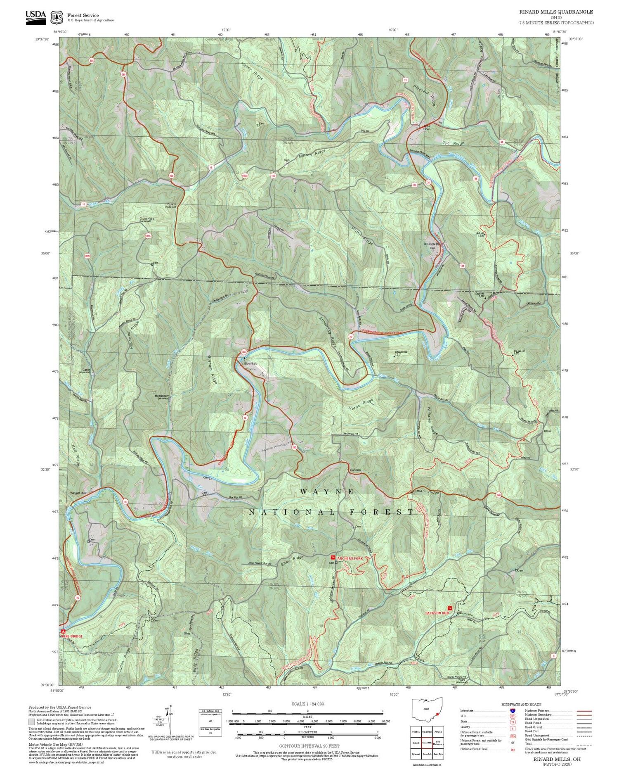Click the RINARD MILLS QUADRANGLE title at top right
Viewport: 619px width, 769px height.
[x=556, y=12]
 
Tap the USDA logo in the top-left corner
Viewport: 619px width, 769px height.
[x=35, y=17]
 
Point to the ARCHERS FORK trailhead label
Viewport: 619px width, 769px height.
[x=350, y=558]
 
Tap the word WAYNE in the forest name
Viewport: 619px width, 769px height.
[x=327, y=491]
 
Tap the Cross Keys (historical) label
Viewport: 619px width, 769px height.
[x=146, y=219]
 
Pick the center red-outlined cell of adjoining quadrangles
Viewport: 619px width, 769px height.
[x=427, y=743]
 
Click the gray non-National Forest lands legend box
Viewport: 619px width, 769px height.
[x=32, y=722]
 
